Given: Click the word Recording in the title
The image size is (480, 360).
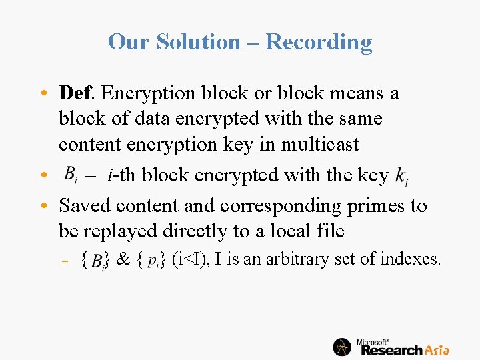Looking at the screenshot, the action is point(319,42).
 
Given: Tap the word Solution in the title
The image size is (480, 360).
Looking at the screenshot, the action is point(198,42).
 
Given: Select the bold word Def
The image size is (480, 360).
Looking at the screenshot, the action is point(77,93).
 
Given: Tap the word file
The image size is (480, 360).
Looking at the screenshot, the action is point(330,231).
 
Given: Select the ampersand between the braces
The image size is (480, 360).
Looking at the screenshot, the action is point(123,259).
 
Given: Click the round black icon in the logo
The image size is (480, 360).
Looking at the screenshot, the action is point(342,347).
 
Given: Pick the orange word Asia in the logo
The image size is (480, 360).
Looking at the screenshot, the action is point(436,349).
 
